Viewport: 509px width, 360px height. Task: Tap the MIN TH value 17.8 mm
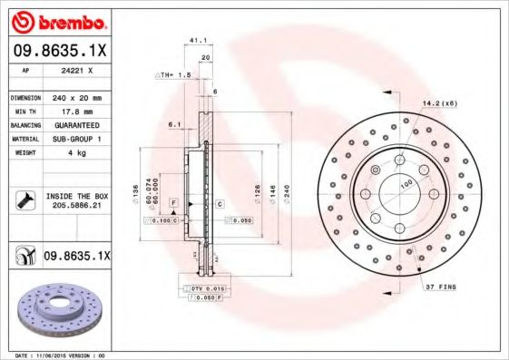coord(74,111)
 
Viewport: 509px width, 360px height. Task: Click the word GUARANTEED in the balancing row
coord(74,124)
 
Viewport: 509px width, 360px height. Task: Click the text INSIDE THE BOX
coord(75,196)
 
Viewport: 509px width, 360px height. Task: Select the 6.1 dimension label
coord(174,123)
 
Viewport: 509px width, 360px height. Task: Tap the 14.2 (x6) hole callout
coord(439,103)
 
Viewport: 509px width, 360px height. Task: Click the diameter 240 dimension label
coord(286,192)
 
